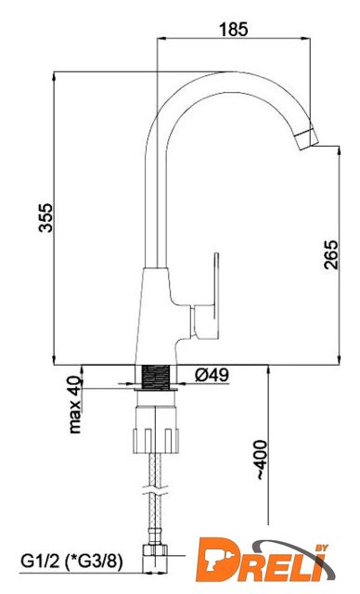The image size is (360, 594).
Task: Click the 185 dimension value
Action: pos(234,29)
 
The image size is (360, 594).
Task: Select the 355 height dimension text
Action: pos(46,218)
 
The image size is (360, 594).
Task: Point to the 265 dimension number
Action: pos(331,254)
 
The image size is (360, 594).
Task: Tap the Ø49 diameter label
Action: pos(212,375)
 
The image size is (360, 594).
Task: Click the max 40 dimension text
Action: pos(75,405)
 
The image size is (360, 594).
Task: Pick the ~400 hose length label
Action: pos(262,460)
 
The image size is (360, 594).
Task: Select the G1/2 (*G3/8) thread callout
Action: pos(71,562)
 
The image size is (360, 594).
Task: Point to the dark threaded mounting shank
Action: pos(156,377)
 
